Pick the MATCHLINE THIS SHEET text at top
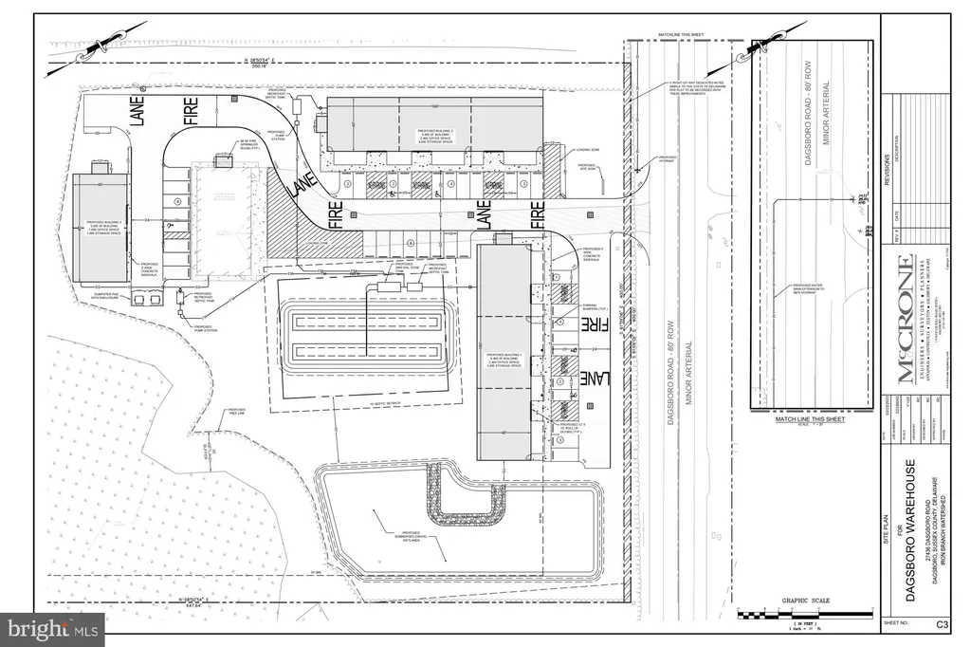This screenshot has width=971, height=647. tap(679, 32)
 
